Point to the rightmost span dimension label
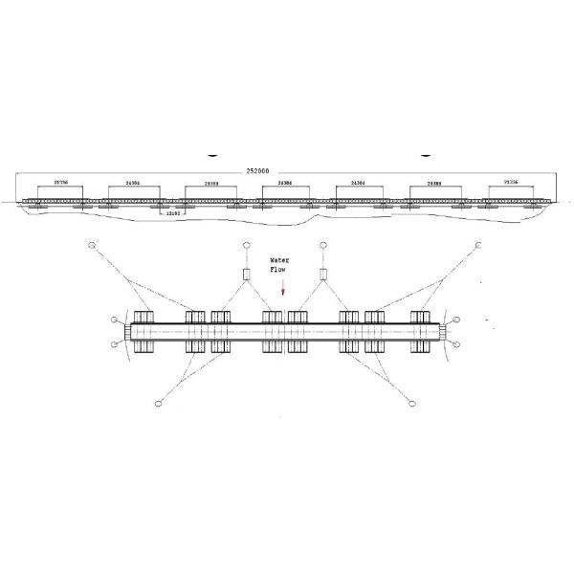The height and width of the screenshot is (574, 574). [x=510, y=181]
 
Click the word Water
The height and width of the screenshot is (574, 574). [x=280, y=259]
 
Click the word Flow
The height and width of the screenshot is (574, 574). [x=280, y=269]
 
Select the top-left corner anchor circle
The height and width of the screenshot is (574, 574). [x=93, y=246]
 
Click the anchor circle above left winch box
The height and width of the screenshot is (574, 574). [x=245, y=246]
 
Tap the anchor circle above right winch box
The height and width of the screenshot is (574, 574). [x=323, y=246]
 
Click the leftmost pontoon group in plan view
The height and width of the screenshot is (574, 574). [x=143, y=331]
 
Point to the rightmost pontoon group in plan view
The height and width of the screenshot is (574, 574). [x=423, y=331]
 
